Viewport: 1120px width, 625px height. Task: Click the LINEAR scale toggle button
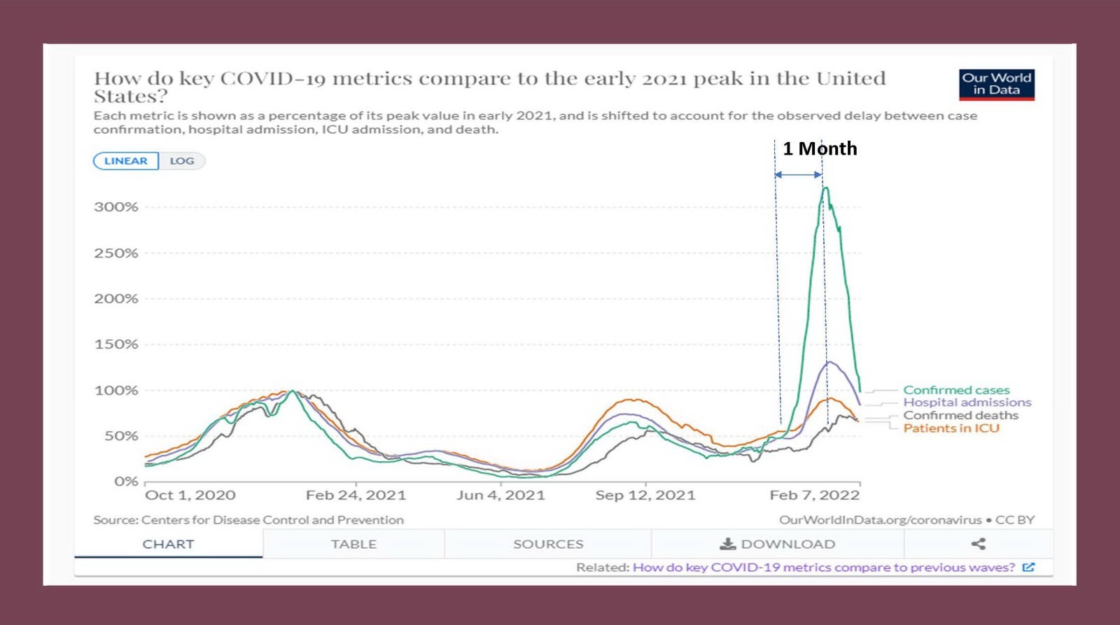(x=126, y=161)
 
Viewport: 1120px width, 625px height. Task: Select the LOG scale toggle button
(x=182, y=161)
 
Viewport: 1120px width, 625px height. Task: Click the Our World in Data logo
(x=996, y=84)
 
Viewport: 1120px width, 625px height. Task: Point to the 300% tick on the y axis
(x=116, y=207)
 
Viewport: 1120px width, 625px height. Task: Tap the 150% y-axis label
(x=116, y=344)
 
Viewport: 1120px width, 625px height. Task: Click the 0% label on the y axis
(x=126, y=482)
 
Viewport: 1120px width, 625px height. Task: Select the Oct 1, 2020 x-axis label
(x=190, y=496)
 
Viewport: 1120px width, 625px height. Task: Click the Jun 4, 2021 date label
(x=500, y=496)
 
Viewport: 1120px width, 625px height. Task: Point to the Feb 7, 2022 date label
(x=814, y=496)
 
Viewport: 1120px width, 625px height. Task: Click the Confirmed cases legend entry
(x=956, y=390)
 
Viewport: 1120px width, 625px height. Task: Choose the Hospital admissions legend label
(x=967, y=402)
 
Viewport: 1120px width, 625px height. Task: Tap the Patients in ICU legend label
(x=951, y=428)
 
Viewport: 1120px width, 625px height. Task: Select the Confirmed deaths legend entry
(x=960, y=415)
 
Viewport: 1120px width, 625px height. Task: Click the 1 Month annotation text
(x=820, y=148)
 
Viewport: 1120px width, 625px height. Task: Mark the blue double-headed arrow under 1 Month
(x=798, y=174)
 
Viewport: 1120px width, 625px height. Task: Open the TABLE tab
(x=353, y=544)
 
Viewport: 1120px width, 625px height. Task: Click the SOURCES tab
(x=548, y=544)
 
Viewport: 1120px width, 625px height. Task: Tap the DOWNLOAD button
(x=778, y=544)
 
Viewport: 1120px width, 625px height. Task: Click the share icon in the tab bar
(x=979, y=544)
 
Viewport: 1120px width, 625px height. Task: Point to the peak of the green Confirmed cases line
(x=826, y=188)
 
